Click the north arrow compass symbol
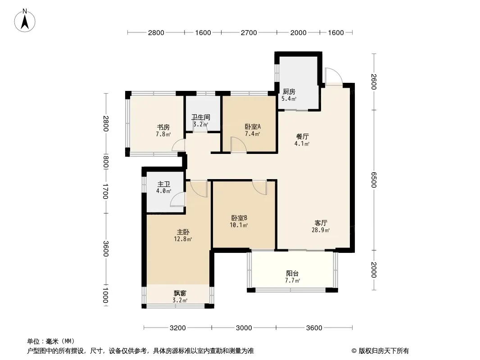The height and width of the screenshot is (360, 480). (x=25, y=21)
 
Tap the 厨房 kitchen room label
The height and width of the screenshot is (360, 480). (x=289, y=91)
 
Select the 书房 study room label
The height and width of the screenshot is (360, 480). (x=163, y=127)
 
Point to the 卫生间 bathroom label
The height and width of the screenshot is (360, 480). (x=201, y=117)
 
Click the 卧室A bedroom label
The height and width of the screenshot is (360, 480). (x=253, y=126)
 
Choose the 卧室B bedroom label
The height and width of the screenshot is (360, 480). (x=239, y=218)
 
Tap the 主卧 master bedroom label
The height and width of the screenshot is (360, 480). (x=183, y=232)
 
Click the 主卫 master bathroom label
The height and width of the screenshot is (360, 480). (x=164, y=184)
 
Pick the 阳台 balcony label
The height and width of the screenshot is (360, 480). (x=292, y=274)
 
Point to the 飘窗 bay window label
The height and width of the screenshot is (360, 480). (x=180, y=293)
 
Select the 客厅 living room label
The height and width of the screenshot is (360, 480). (x=321, y=223)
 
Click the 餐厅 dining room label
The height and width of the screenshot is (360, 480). (x=302, y=136)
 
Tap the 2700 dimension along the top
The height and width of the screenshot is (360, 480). (x=249, y=33)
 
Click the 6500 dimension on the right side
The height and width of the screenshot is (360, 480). (x=374, y=180)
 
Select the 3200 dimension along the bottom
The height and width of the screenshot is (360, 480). (x=177, y=328)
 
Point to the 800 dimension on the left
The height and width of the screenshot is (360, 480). (x=105, y=162)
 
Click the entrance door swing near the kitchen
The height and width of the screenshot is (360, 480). (x=333, y=76)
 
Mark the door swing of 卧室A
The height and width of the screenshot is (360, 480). (x=239, y=144)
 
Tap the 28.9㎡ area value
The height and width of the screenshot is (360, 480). (x=321, y=230)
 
